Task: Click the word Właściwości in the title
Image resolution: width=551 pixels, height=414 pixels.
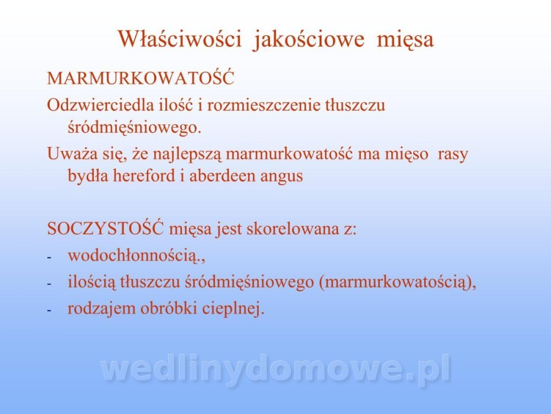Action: pyautogui.click(x=180, y=39)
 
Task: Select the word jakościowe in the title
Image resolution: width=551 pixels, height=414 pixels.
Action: pyautogui.click(x=308, y=40)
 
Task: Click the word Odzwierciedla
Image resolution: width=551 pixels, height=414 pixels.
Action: pyautogui.click(x=100, y=105)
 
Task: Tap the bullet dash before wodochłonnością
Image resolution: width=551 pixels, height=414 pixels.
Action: pyautogui.click(x=49, y=258)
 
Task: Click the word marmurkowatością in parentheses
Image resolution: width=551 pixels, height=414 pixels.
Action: pyautogui.click(x=395, y=282)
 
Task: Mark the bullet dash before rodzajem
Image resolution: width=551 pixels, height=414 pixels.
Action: pyautogui.click(x=49, y=310)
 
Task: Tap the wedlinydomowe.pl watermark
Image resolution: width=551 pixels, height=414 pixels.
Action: pyautogui.click(x=275, y=369)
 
